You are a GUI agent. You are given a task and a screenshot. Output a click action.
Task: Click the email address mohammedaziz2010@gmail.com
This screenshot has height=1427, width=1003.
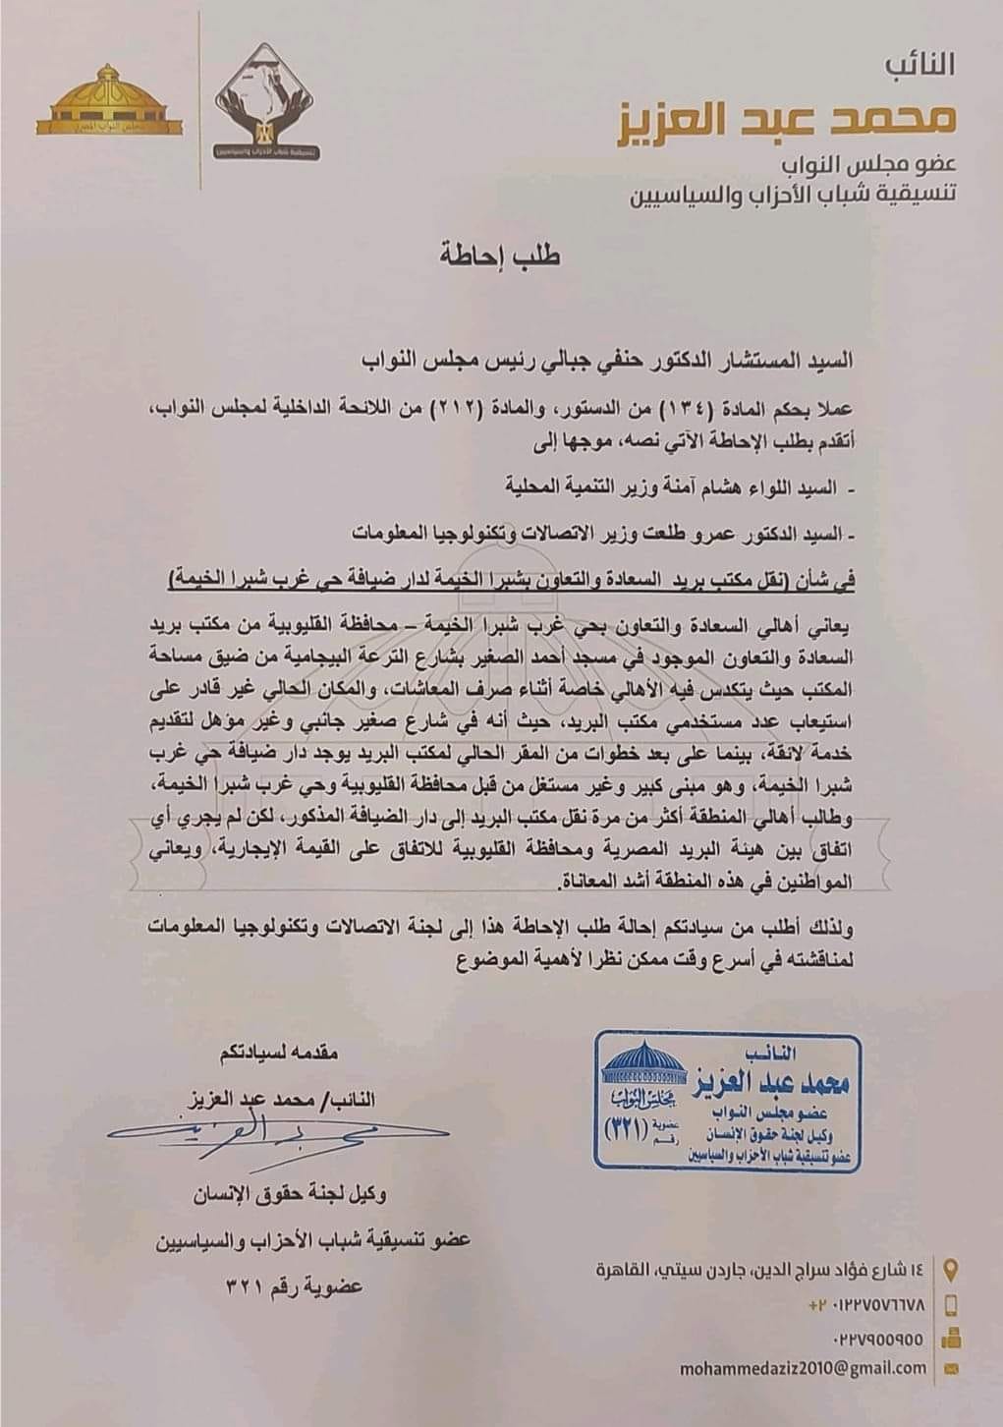click(x=803, y=1367)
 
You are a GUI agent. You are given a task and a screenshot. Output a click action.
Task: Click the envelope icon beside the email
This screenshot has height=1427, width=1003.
click(x=950, y=1367)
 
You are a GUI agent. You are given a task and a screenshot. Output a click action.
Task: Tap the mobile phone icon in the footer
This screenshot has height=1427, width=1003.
click(x=951, y=1304)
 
